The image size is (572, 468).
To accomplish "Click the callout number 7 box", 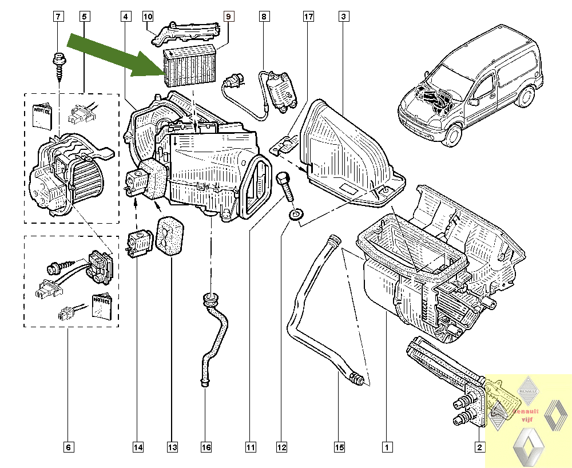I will [x=58, y=17].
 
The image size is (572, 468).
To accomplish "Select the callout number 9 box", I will [x=228, y=17].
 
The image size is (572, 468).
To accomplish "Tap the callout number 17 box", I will [x=308, y=17].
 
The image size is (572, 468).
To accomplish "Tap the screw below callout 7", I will [x=59, y=64].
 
